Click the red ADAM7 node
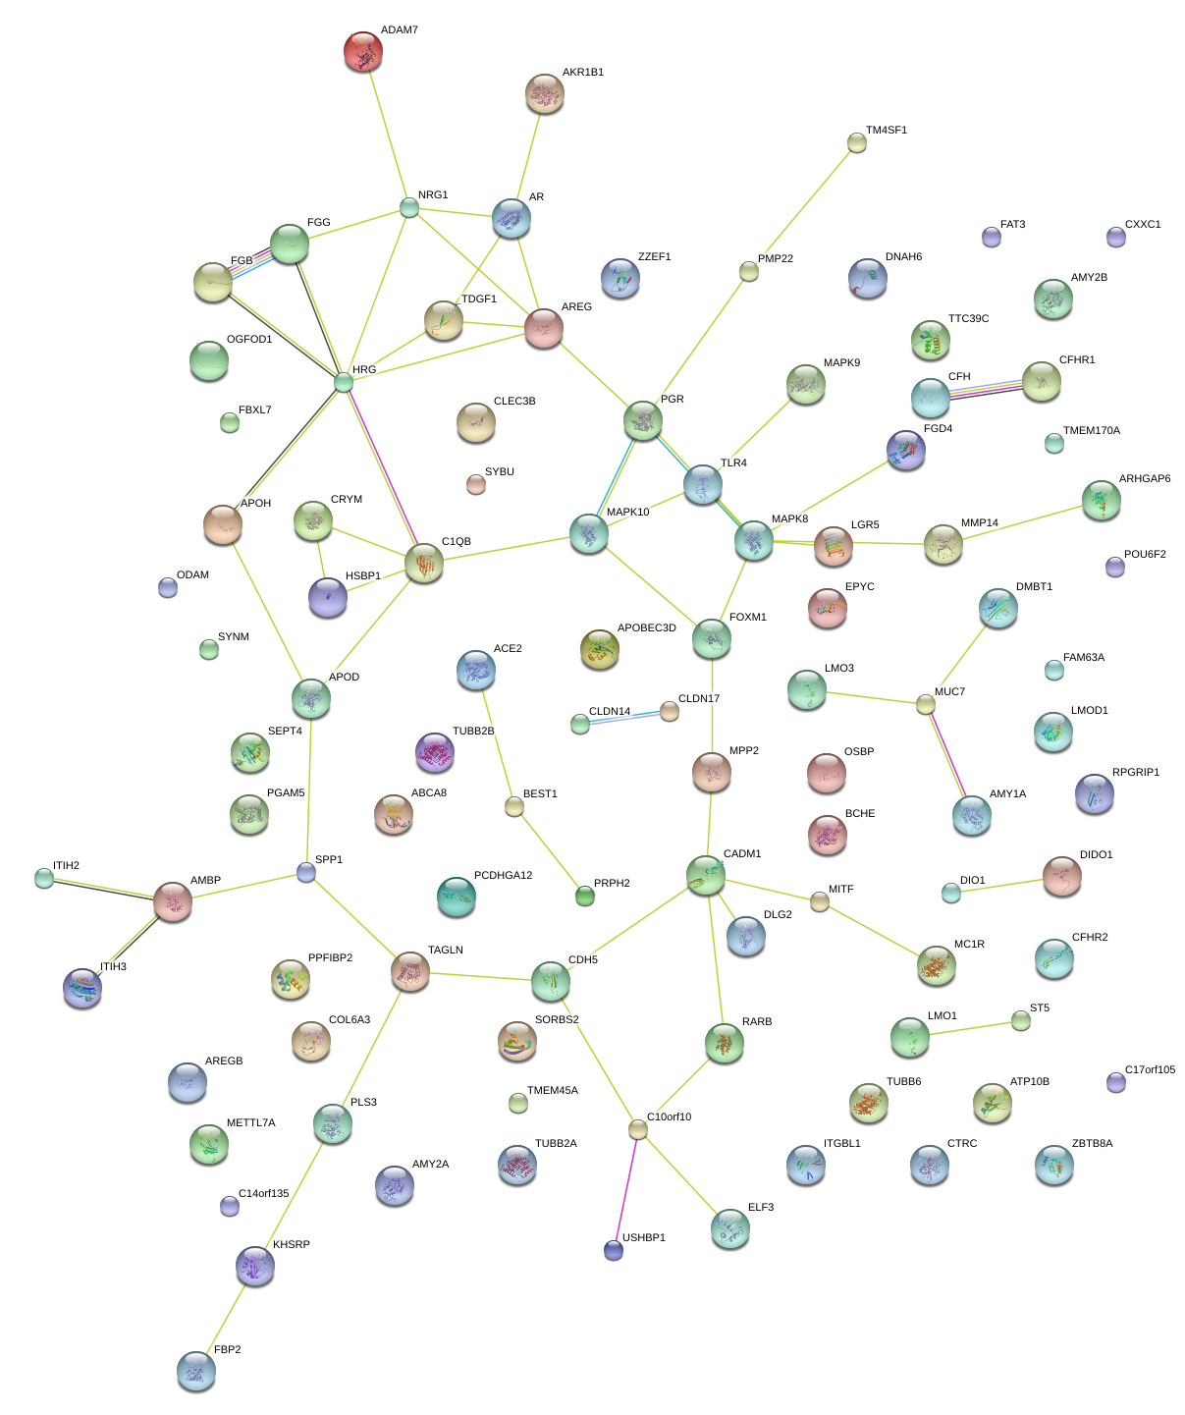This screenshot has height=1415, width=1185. pyautogui.click(x=363, y=52)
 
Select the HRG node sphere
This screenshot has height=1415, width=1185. pyautogui.click(x=343, y=382)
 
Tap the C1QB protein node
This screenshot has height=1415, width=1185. pyautogui.click(x=424, y=564)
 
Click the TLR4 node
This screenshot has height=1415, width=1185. pyautogui.click(x=703, y=485)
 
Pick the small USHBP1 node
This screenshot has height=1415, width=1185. pyautogui.click(x=614, y=1250)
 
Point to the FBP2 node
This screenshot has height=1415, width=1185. pyautogui.click(x=196, y=1371)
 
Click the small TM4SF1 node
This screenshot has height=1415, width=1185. pyautogui.click(x=857, y=143)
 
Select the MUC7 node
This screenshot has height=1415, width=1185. pyautogui.click(x=925, y=704)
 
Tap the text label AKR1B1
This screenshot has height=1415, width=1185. pyautogui.click(x=583, y=73)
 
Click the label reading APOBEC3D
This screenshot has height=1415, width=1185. pyautogui.click(x=646, y=628)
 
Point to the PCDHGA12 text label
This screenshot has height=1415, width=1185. pyautogui.click(x=503, y=876)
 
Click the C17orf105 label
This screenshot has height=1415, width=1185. pyautogui.click(x=1150, y=1070)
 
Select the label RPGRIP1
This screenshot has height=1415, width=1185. pyautogui.click(x=1136, y=773)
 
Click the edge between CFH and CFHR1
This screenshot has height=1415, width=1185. pyautogui.click(x=986, y=390)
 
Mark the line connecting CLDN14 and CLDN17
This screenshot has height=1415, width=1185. pyautogui.click(x=624, y=718)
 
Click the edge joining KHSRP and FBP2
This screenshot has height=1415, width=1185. pyautogui.click(x=226, y=1319)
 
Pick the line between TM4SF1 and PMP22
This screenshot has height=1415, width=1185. pyautogui.click(x=803, y=207)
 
